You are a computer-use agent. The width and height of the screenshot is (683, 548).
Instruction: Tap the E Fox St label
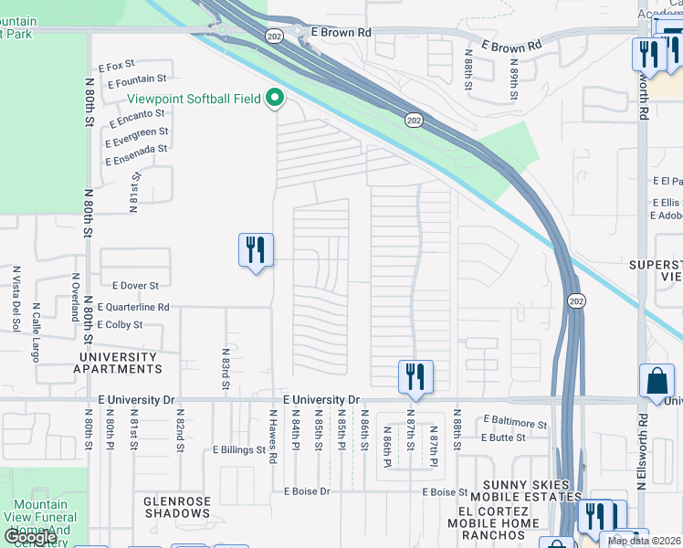tap(117, 66)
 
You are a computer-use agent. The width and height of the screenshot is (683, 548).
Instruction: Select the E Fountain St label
tap(137, 81)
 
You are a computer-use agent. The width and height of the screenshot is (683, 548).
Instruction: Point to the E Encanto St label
tap(135, 118)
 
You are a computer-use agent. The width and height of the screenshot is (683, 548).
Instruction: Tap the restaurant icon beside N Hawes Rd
tap(256, 250)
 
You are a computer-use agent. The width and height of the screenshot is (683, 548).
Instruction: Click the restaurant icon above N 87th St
tap(415, 376)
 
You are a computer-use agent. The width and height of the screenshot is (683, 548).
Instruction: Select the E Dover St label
tap(135, 285)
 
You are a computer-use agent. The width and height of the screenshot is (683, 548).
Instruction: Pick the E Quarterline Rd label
tap(133, 308)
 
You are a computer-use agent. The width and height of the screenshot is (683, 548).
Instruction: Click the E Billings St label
tap(238, 449)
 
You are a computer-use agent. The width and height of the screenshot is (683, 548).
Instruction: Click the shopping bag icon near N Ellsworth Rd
tap(657, 381)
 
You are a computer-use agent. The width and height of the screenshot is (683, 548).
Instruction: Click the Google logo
tap(30, 537)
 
